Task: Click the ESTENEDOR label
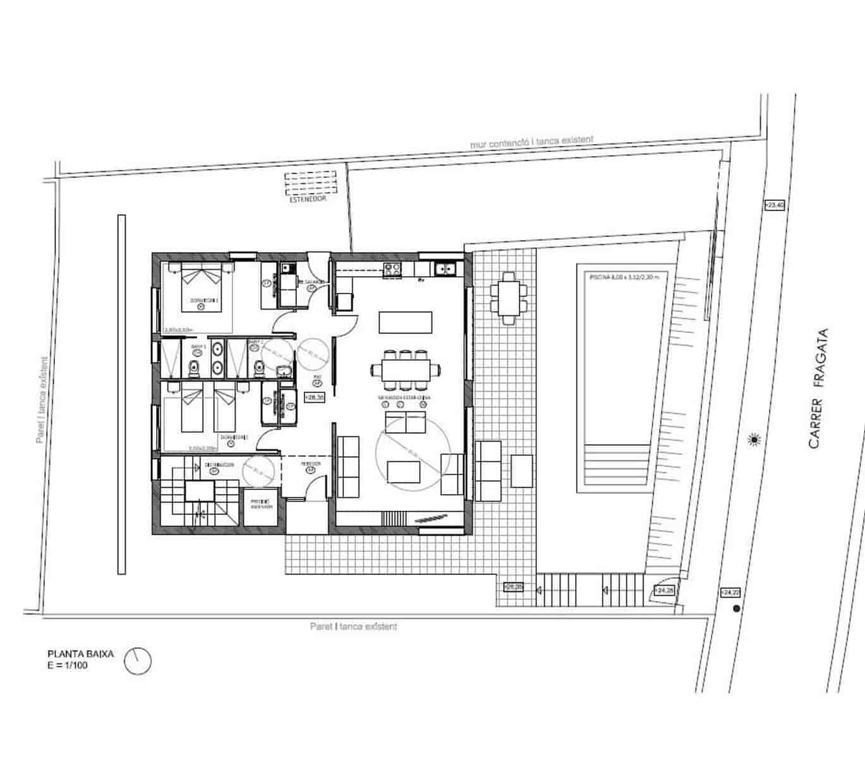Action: [x=308, y=199]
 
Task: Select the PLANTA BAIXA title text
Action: [x=81, y=654]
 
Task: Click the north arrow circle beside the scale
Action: [x=138, y=661]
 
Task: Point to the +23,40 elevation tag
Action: [x=774, y=205]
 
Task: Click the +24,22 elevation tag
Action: [x=730, y=593]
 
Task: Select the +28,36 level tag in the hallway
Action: [x=315, y=398]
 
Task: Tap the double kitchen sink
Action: [x=445, y=270]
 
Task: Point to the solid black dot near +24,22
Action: [x=735, y=609]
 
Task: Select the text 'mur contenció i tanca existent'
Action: [x=531, y=142]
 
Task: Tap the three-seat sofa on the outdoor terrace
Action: [x=488, y=471]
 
